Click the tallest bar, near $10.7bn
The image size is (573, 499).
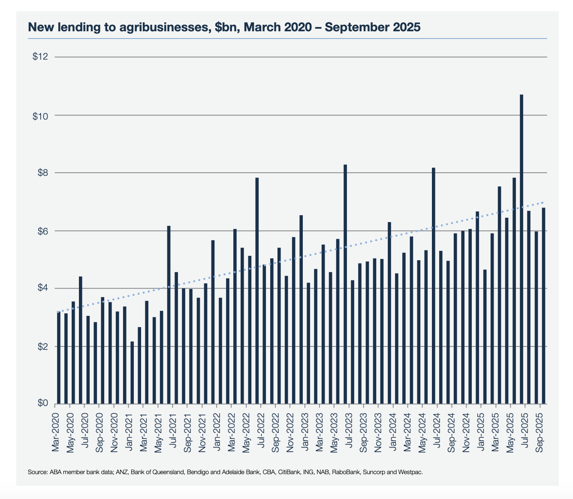pyautogui.click(x=522, y=249)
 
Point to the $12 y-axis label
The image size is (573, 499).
pyautogui.click(x=40, y=57)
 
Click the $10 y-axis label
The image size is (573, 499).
pyautogui.click(x=40, y=116)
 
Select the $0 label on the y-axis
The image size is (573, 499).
pyautogui.click(x=42, y=403)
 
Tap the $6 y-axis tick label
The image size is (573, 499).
pyautogui.click(x=42, y=231)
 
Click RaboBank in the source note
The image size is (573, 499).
pyautogui.click(x=346, y=472)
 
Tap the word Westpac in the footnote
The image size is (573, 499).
pyautogui.click(x=410, y=472)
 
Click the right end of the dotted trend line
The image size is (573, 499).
pyautogui.click(x=543, y=202)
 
